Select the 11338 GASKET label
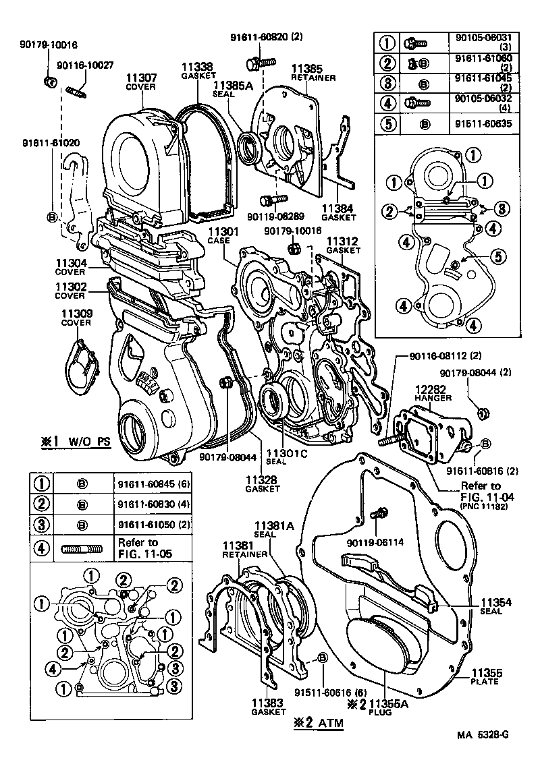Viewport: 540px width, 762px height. pos(196,71)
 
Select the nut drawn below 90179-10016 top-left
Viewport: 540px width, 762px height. pos(49,82)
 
